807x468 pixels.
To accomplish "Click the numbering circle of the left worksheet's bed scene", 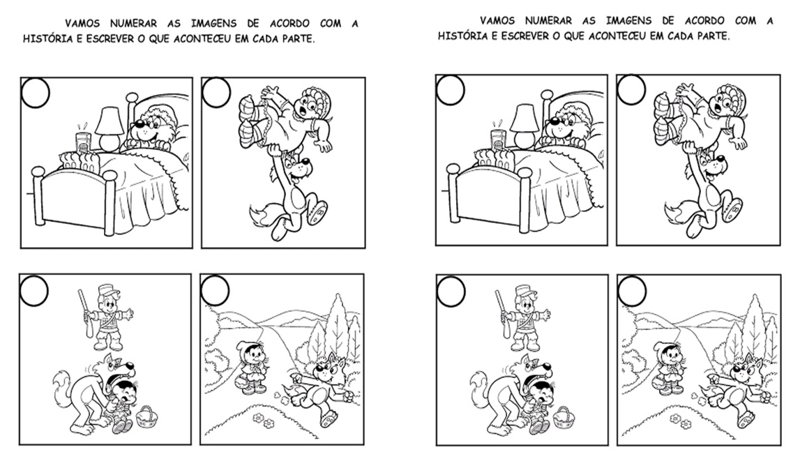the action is tap(36, 93).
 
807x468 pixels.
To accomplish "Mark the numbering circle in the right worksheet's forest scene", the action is tap(631, 291).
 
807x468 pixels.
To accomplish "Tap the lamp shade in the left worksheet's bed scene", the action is tap(110, 121).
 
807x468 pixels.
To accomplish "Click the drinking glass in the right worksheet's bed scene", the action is tap(498, 139).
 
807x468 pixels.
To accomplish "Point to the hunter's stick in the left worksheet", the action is tap(85, 314).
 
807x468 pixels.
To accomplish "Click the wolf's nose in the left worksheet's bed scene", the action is tap(137, 123).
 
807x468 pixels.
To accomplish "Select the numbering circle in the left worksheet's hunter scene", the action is tap(34, 291).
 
